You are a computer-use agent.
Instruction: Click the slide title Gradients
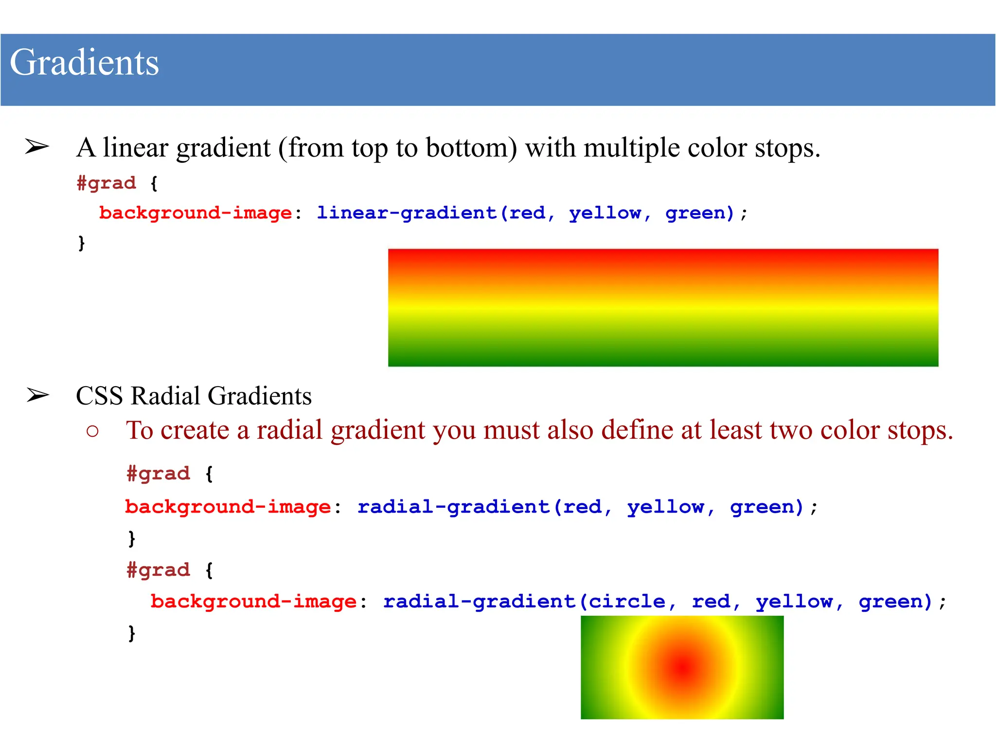pos(84,63)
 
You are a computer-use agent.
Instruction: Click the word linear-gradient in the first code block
pos(407,213)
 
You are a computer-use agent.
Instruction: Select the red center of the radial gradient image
pos(683,668)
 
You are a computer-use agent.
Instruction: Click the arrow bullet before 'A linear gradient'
pos(37,146)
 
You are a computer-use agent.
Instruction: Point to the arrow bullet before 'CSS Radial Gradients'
pos(38,395)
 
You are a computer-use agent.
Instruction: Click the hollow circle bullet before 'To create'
pos(92,431)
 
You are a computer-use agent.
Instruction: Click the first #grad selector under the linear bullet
pos(107,183)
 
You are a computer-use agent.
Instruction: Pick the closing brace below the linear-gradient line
pos(82,242)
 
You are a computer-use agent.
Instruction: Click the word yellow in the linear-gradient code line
pos(605,213)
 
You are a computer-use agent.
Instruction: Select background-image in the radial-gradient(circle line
pos(253,602)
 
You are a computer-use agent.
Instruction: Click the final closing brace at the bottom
pos(131,633)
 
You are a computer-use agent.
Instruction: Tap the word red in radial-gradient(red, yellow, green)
pos(582,507)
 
